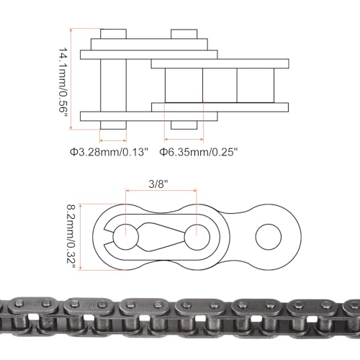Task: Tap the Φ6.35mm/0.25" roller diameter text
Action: [198, 152]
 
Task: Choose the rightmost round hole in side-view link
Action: [268, 235]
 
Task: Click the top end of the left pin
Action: [113, 35]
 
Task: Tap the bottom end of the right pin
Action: [184, 125]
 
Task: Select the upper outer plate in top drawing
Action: [148, 54]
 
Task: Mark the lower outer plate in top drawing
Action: [148, 116]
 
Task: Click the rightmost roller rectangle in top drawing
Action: [256, 85]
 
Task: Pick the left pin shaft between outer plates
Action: [113, 85]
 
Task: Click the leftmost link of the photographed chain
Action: [18, 315]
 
